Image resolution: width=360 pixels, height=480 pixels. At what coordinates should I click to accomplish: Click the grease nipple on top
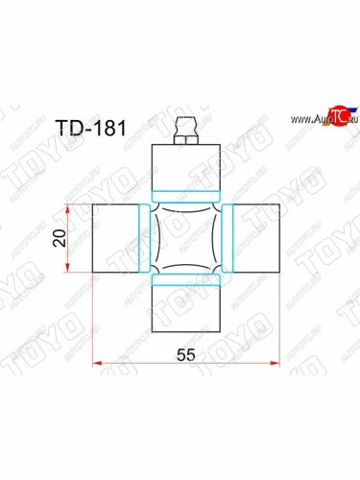point(186,124)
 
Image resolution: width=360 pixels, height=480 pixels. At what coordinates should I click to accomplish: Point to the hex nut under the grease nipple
point(186,139)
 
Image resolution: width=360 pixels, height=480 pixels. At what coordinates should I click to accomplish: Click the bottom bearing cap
point(186,305)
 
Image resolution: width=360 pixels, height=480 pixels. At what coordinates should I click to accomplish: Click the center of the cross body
point(186,238)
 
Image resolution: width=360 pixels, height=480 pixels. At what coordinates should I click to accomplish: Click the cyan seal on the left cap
point(144,238)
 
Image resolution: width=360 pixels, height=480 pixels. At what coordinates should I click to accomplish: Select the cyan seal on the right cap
point(228,238)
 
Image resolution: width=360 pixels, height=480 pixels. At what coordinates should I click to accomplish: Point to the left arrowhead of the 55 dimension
point(95,363)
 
